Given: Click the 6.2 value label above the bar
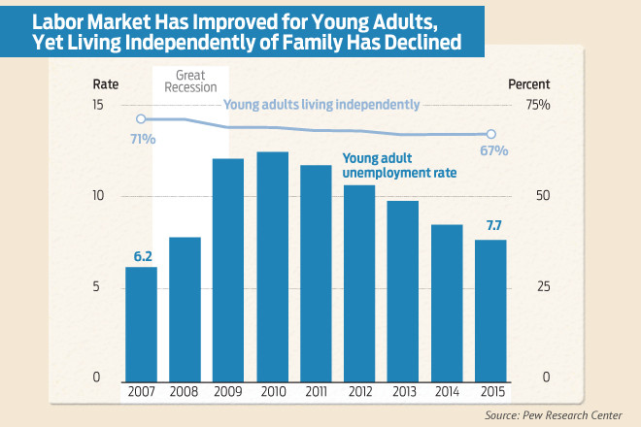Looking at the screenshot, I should click(143, 256).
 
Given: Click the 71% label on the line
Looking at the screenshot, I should click(140, 139).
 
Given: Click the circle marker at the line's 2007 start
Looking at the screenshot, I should click(141, 119).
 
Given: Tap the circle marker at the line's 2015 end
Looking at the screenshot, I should click(490, 134).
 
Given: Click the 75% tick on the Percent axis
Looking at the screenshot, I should click(538, 105).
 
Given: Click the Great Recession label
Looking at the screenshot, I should click(189, 83).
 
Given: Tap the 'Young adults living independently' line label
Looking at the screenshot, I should click(321, 104).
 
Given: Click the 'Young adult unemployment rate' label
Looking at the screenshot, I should click(399, 165).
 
